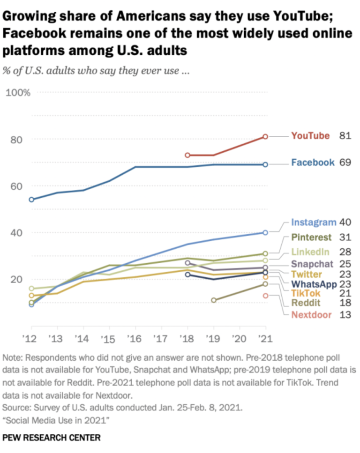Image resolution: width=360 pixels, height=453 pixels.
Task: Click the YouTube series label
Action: (310, 136)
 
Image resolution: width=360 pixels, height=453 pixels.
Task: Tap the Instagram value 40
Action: (345, 222)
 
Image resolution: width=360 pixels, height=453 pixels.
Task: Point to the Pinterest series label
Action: (312, 237)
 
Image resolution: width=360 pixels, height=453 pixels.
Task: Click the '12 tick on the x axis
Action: (31, 338)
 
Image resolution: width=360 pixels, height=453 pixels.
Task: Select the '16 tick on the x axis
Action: (135, 338)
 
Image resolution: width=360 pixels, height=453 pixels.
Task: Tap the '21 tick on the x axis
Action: (265, 338)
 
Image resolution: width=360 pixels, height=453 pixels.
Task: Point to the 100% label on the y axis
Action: (18, 92)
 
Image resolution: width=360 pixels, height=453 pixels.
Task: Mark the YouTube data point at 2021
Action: (265, 136)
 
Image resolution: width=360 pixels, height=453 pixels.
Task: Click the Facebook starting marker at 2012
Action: (31, 200)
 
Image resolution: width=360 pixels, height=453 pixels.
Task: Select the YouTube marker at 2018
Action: (187, 155)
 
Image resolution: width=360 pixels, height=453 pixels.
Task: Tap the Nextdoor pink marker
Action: (265, 296)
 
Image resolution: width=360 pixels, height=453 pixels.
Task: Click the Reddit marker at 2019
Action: (214, 300)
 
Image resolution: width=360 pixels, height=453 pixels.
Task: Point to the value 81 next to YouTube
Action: (345, 136)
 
